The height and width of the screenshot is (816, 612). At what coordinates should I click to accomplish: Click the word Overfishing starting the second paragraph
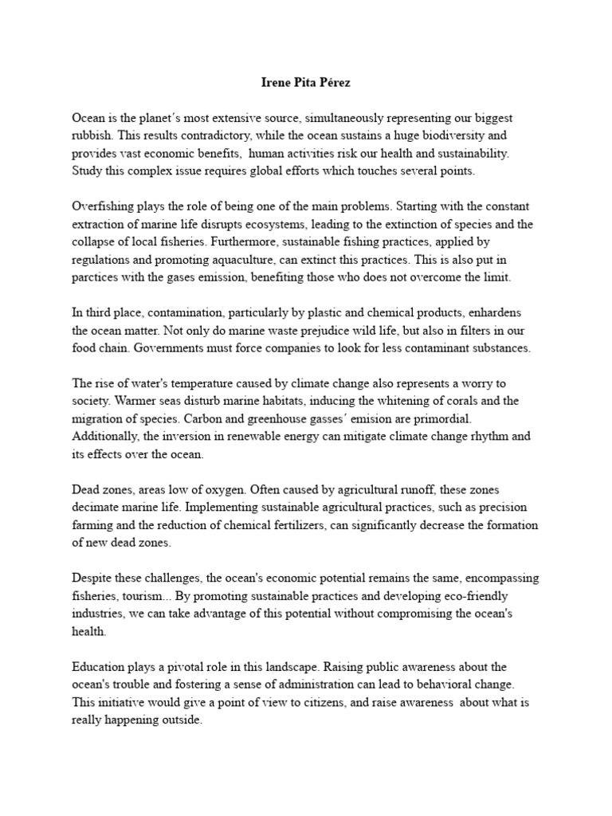coord(101,206)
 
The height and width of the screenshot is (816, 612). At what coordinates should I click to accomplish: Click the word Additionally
coord(105,437)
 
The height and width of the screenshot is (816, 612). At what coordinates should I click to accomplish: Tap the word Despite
coord(92,578)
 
